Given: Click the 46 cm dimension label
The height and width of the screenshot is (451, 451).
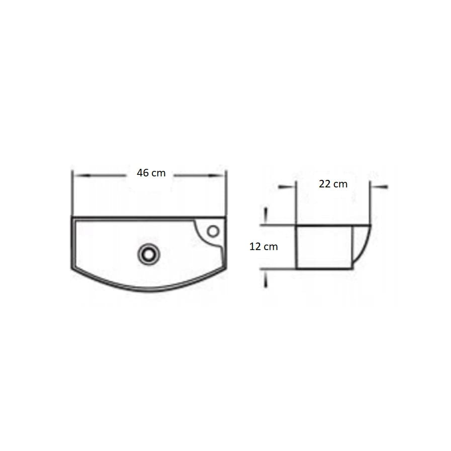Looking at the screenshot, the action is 151,173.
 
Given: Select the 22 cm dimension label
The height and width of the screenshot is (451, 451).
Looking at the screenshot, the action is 333,184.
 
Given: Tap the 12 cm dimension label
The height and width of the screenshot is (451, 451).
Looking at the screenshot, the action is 264,247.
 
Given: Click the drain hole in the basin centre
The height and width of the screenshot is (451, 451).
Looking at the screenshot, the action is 148,254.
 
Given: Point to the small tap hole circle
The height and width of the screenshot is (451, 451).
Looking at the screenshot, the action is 213,231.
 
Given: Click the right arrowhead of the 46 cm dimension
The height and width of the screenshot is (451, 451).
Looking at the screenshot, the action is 216,175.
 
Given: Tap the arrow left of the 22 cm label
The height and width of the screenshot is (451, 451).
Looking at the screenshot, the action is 287,187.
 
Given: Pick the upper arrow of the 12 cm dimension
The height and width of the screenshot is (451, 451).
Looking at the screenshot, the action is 266,215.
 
